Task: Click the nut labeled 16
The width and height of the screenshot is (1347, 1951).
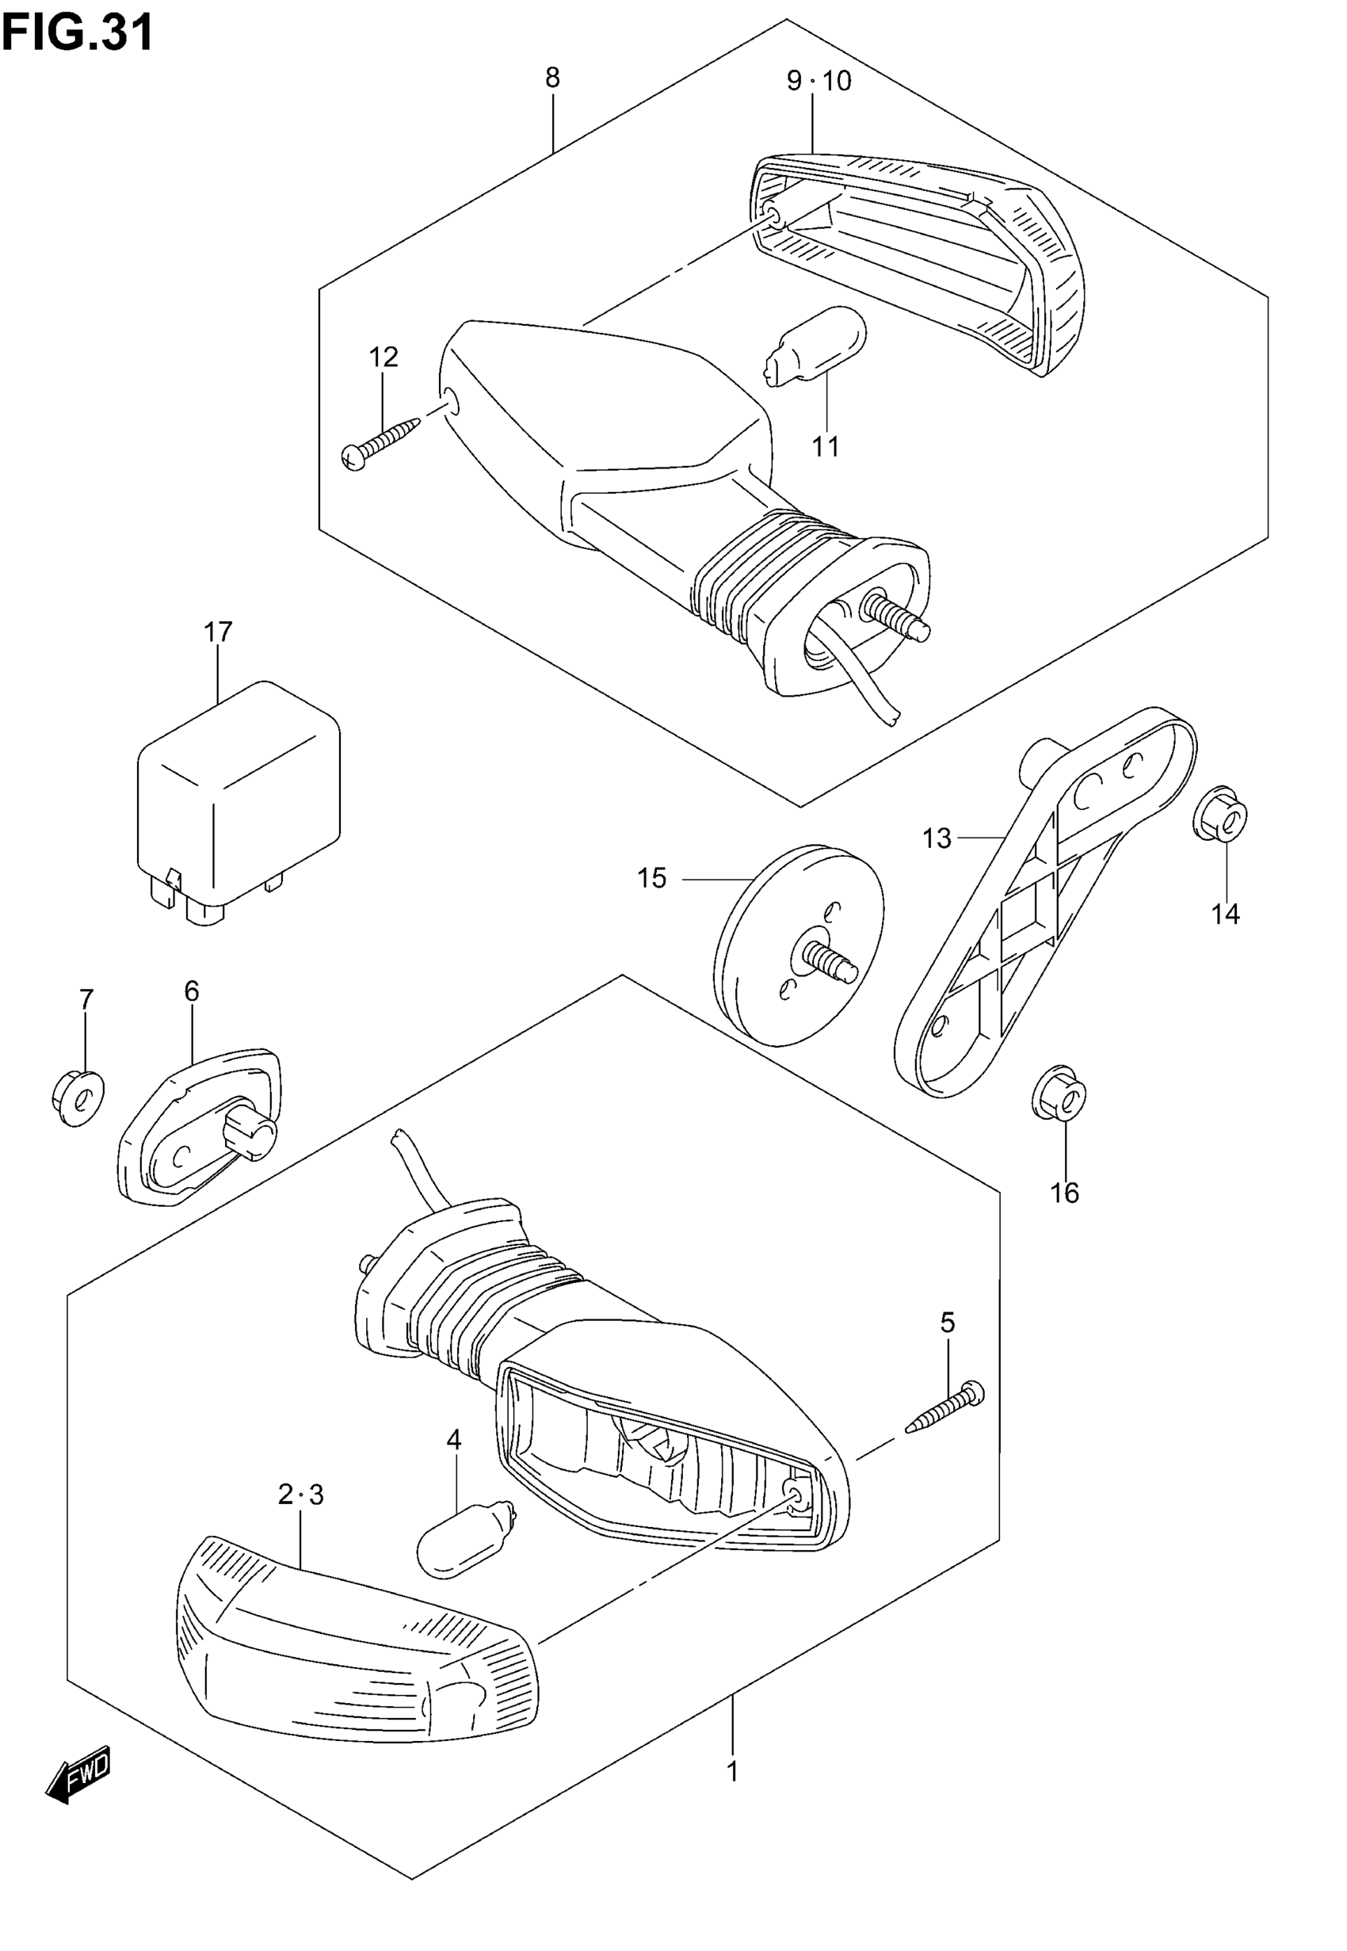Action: tap(1059, 1098)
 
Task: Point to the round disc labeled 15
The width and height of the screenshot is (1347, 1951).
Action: tap(798, 945)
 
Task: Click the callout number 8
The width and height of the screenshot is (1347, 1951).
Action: tap(552, 78)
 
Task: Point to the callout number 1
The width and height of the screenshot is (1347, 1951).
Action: tap(733, 1771)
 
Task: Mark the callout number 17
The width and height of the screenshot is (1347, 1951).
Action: tap(218, 632)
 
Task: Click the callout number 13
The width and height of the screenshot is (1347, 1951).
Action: tap(936, 838)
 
